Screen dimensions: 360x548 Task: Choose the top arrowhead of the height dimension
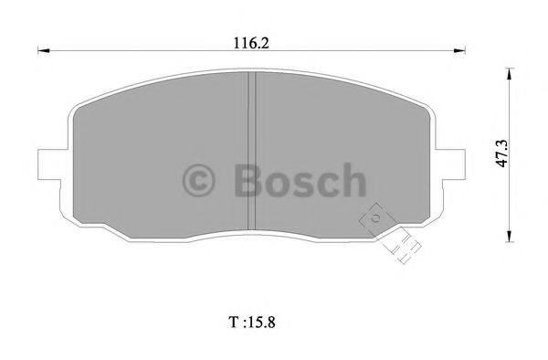[509, 69]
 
